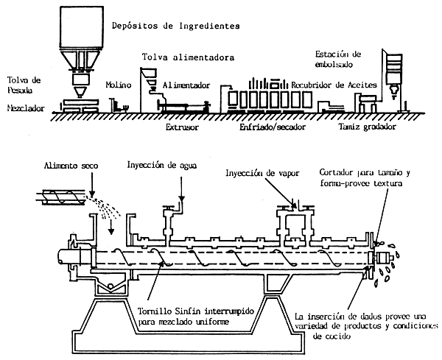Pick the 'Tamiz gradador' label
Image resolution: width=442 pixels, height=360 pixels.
367,127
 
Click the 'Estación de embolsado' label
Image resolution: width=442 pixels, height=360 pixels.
338,59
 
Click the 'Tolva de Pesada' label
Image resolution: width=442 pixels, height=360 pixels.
22,84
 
